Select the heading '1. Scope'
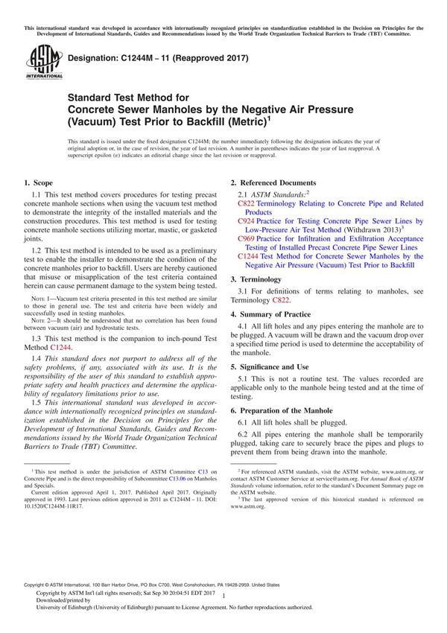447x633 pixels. point(38,182)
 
